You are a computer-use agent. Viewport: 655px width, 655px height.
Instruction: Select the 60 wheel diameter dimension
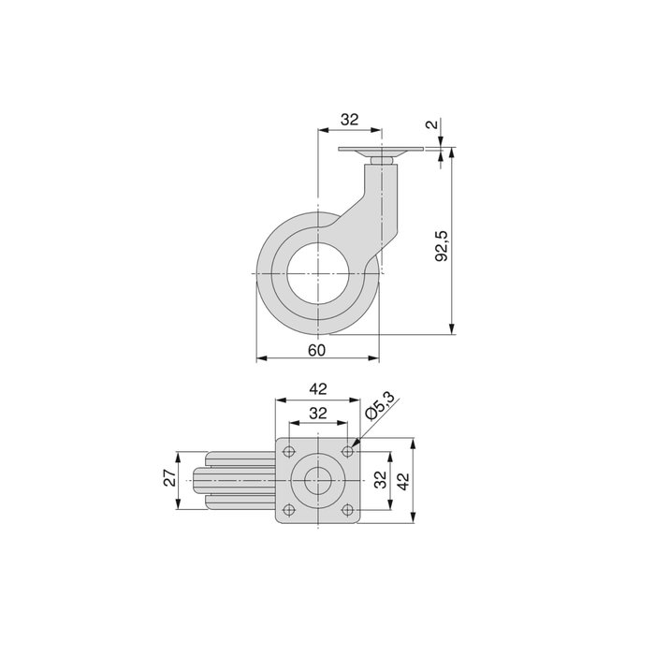click(316, 349)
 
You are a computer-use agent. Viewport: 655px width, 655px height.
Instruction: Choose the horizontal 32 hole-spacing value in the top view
click(317, 413)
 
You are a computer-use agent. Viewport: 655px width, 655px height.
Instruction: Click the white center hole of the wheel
click(317, 272)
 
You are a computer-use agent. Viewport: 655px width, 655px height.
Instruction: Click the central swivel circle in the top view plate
click(317, 481)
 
